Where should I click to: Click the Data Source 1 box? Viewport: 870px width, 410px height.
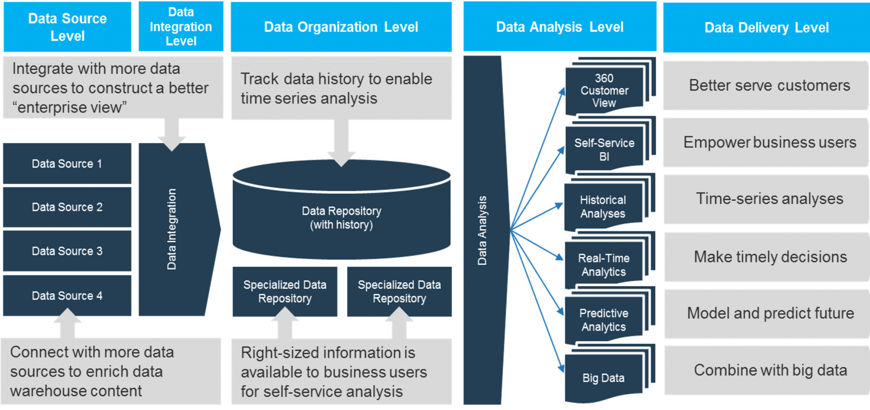[67, 164]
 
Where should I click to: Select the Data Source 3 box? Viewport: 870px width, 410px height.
[67, 251]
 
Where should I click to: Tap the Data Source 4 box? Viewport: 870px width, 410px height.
[67, 296]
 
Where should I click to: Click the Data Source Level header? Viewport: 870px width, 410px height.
[67, 27]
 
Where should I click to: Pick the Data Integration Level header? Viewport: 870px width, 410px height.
[181, 27]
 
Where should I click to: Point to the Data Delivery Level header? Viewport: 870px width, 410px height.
[766, 27]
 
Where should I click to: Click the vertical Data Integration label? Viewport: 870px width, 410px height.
[172, 229]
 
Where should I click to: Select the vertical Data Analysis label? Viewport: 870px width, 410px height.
[483, 231]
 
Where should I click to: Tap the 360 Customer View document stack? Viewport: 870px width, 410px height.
[605, 90]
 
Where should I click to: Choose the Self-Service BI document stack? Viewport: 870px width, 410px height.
[605, 150]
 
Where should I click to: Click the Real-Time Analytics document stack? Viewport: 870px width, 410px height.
[604, 265]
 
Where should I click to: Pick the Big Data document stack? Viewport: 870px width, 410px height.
[604, 378]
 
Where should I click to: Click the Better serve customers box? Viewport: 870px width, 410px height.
[766, 85]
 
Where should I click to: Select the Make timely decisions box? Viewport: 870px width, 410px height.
[766, 257]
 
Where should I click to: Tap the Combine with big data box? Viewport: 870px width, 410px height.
[766, 370]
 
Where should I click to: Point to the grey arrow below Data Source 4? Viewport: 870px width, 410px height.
[67, 327]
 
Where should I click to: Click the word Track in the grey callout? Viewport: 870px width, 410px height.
[260, 79]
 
